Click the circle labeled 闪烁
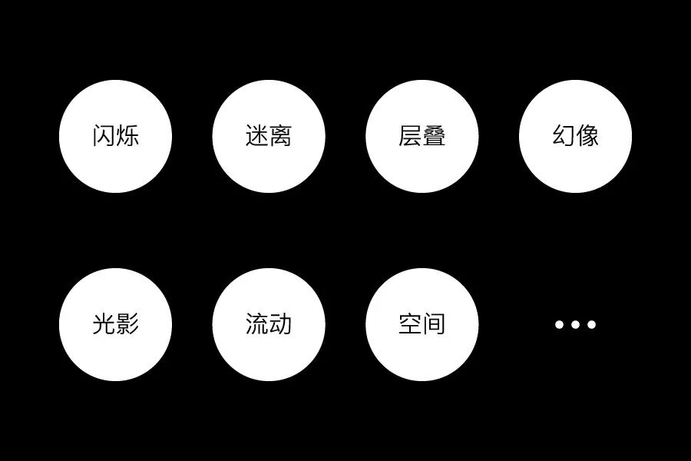coord(115,137)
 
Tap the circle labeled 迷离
coord(269,137)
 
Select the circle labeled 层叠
coord(422,137)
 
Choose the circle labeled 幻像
coord(576,137)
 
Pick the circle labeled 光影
coord(115,324)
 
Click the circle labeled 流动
coord(269,324)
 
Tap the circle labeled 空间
coord(422,324)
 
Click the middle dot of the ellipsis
coord(576,324)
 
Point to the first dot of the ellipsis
coord(560,324)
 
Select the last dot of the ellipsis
coord(592,324)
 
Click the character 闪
coord(104,137)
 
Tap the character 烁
coord(127,137)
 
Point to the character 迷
coord(257,137)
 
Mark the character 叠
coord(435,137)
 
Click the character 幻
coord(564,137)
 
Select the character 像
coord(588,137)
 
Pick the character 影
coord(127,324)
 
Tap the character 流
coord(257,324)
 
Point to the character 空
coord(411,324)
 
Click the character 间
coord(435,324)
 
